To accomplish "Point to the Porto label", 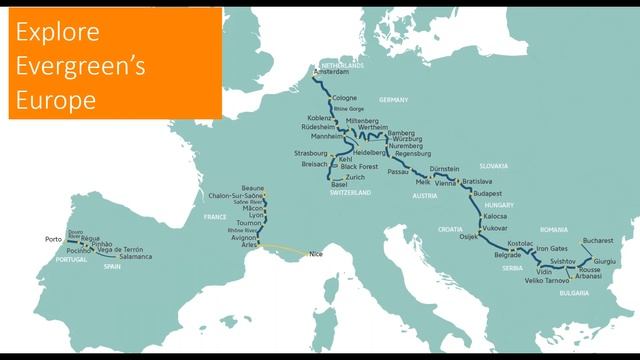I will (54, 240).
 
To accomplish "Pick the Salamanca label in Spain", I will (133, 257).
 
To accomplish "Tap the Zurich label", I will (355, 177).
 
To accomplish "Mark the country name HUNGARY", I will (496, 205).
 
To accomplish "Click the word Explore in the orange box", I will (57, 33).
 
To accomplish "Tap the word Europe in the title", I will (55, 101).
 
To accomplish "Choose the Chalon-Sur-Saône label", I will (232, 195).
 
